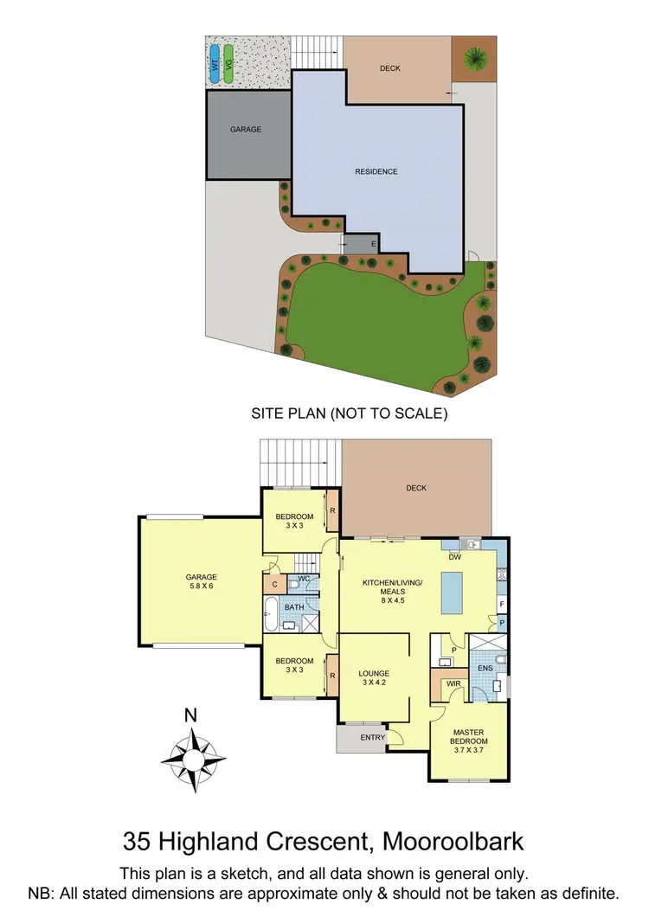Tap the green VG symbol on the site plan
coord(228,64)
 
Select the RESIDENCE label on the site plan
coord(376,171)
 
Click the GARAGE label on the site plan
coord(245,130)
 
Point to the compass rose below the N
coord(194,752)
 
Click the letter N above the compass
coord(192,715)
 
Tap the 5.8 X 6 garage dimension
coord(201,586)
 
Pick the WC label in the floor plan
coord(304,577)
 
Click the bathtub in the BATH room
coord(270,615)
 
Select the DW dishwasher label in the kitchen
coord(454,557)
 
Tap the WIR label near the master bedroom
coord(453,683)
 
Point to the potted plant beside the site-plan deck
coord(473,58)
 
